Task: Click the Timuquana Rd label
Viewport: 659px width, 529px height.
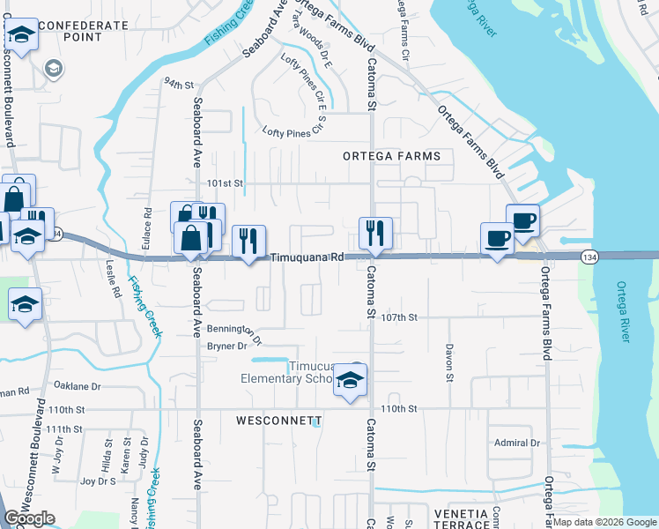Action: pyautogui.click(x=307, y=257)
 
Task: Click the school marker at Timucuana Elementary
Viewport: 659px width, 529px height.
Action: pyautogui.click(x=351, y=381)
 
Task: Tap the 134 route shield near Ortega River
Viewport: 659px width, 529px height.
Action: pyautogui.click(x=589, y=256)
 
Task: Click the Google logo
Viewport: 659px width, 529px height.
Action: pyautogui.click(x=29, y=518)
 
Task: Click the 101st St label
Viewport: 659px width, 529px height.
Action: pyautogui.click(x=225, y=183)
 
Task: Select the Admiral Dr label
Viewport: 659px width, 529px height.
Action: pyautogui.click(x=516, y=443)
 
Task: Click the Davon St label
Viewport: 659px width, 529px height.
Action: pyautogui.click(x=449, y=362)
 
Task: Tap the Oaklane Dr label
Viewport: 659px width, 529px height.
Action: pyautogui.click(x=77, y=386)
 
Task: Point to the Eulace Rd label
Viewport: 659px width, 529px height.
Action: pyautogui.click(x=147, y=227)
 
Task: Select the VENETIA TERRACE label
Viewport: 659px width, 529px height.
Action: pyautogui.click(x=461, y=518)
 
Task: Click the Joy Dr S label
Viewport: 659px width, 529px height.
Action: pyautogui.click(x=98, y=481)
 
